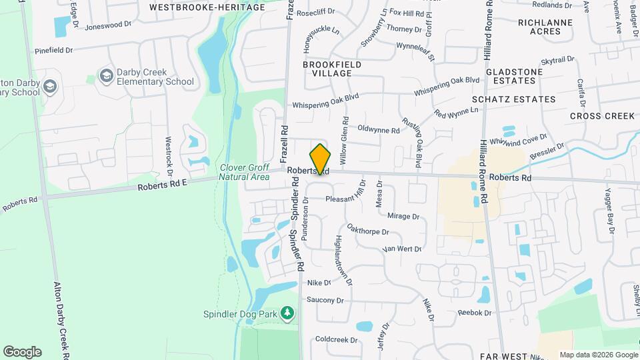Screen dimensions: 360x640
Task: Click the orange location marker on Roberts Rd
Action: (321, 159)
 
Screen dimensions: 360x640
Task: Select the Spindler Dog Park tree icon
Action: (287, 313)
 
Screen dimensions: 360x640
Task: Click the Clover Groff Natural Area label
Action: (245, 172)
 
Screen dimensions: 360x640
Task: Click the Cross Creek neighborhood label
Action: (603, 116)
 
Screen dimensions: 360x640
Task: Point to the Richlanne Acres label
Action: (546, 26)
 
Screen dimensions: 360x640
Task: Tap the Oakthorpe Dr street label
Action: (368, 231)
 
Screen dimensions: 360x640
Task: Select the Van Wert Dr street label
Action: (403, 249)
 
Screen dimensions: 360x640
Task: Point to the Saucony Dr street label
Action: (325, 300)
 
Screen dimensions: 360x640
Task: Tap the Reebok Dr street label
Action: (474, 313)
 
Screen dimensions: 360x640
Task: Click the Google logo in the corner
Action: (22, 351)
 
